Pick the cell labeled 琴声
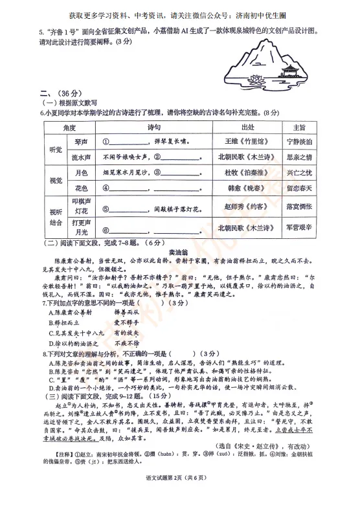click(x=82, y=141)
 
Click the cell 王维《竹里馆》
click(x=247, y=141)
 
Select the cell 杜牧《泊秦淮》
click(x=247, y=172)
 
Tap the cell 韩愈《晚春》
click(x=247, y=188)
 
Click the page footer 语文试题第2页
click(x=179, y=495)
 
